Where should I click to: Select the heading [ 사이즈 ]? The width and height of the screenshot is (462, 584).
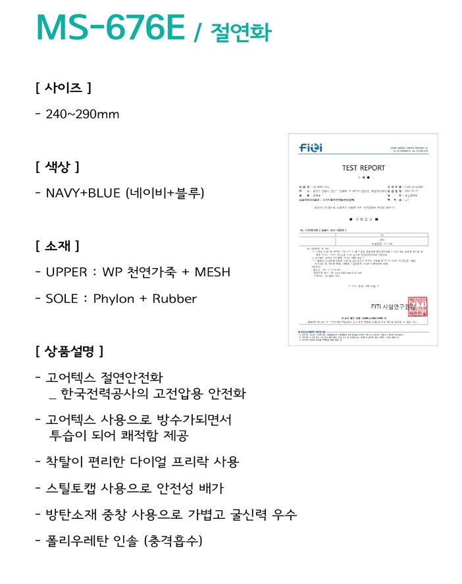point(63,87)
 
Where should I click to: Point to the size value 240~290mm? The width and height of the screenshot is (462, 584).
point(82,114)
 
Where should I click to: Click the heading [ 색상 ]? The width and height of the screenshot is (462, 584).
point(58,166)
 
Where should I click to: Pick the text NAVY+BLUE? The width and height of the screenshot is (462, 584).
point(85,193)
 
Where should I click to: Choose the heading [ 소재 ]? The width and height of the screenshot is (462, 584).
point(58,246)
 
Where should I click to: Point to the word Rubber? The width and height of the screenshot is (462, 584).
point(174,298)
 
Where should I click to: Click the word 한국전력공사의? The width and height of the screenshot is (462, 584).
point(105,394)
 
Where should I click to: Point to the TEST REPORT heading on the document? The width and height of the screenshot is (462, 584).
point(363,168)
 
